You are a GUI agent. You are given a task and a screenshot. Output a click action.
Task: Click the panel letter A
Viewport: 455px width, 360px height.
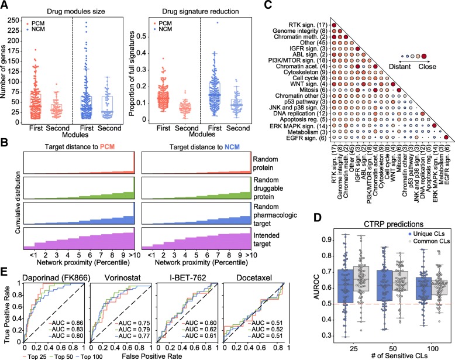click(5, 6)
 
